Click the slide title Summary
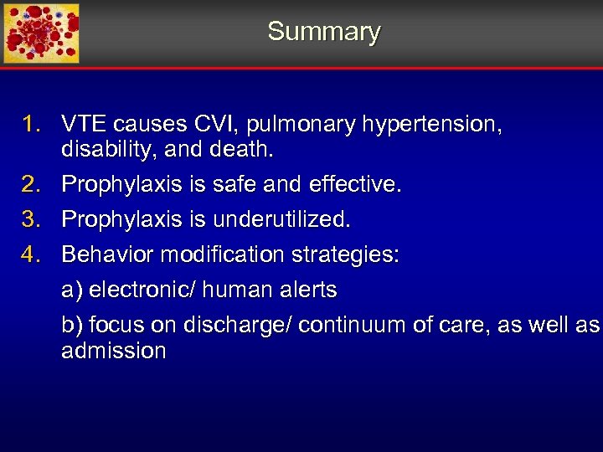pos(324,32)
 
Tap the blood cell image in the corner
pos(41,33)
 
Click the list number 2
pos(31,184)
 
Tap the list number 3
pos(31,219)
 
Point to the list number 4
pos(31,254)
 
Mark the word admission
pos(114,351)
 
